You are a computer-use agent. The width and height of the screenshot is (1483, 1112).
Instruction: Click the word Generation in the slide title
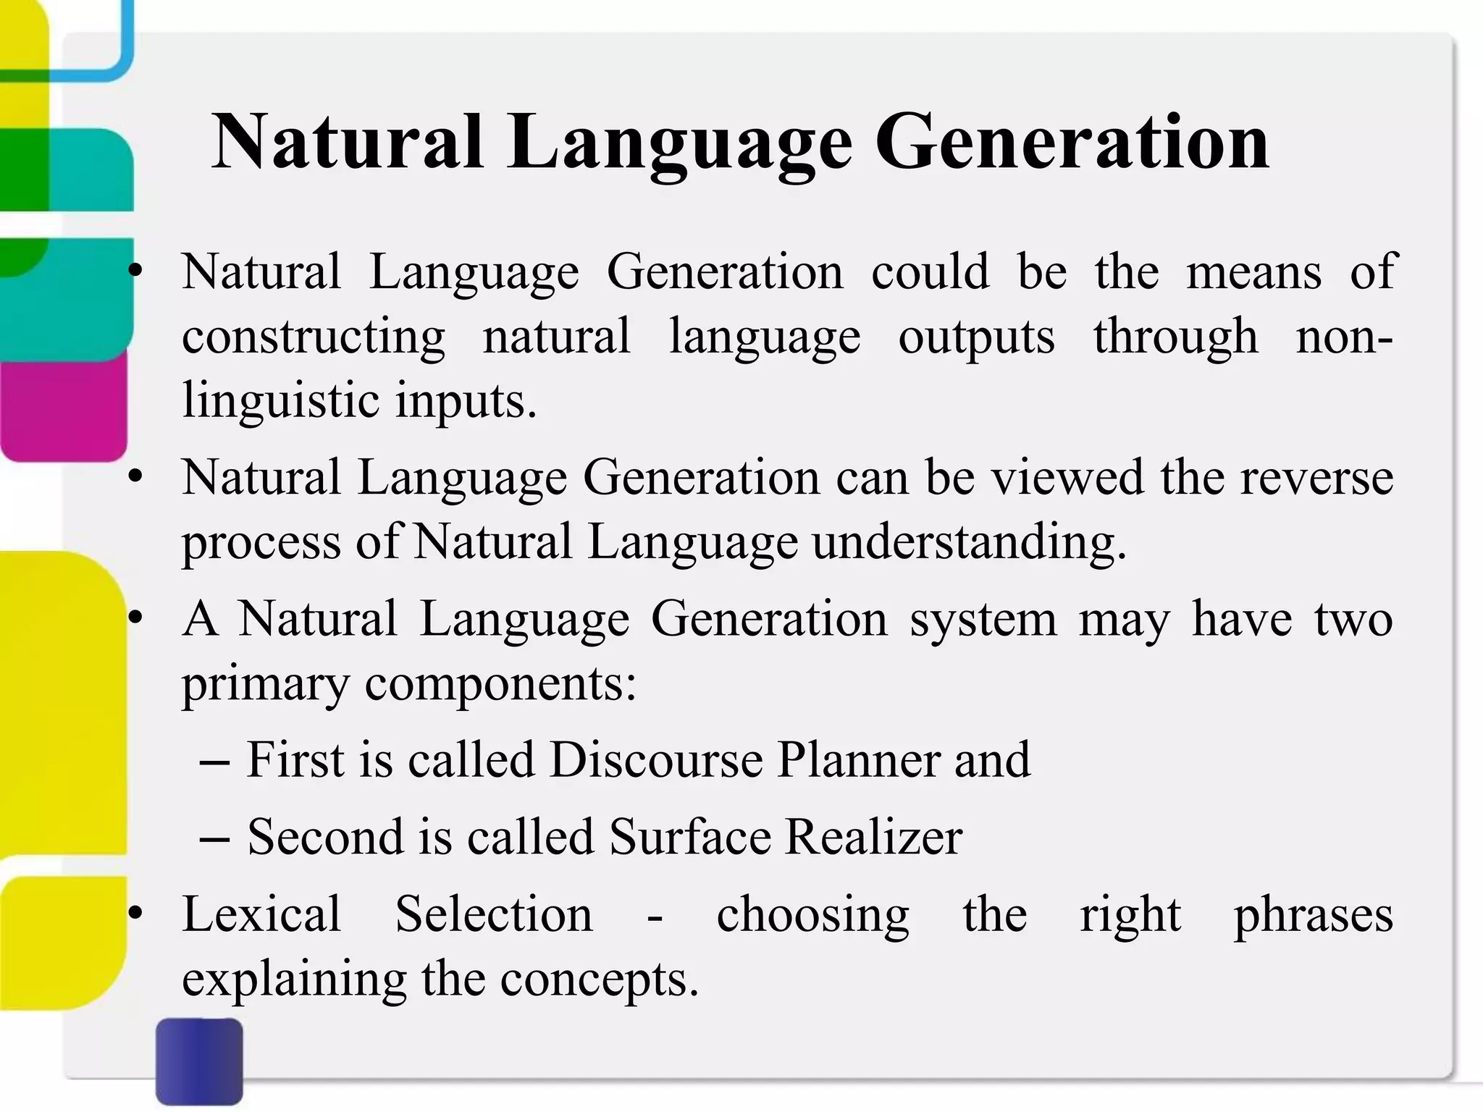(x=1072, y=143)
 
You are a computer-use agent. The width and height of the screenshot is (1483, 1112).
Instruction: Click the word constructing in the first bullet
(x=314, y=337)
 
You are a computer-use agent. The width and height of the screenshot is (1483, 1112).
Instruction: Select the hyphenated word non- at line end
(x=1344, y=337)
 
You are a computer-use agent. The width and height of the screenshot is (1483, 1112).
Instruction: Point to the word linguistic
(x=279, y=401)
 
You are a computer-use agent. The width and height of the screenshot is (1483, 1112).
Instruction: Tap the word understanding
(x=969, y=543)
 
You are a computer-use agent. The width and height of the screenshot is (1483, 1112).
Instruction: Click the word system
(x=983, y=620)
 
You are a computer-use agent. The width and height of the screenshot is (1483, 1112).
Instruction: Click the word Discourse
(x=656, y=760)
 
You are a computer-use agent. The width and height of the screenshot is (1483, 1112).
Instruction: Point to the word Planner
(x=858, y=760)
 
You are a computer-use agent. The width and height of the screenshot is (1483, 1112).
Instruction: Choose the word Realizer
(x=874, y=838)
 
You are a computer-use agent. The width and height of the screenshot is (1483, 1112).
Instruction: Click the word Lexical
(x=261, y=914)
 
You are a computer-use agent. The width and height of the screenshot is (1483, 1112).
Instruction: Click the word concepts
(x=599, y=980)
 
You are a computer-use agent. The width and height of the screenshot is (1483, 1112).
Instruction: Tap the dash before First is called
(x=214, y=762)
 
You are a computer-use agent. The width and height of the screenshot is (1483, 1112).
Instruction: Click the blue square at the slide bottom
(x=199, y=1061)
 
